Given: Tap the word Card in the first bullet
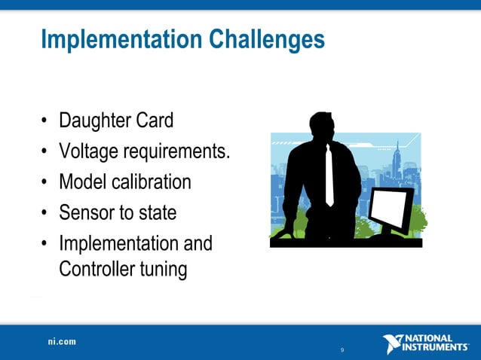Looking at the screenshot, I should click(x=156, y=121).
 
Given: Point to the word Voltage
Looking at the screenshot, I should click(x=90, y=151).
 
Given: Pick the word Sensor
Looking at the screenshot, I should click(x=86, y=213).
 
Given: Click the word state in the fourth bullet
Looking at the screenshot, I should click(x=157, y=213).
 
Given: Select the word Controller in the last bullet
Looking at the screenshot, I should click(x=97, y=269).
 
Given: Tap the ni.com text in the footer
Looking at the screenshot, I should click(x=62, y=342).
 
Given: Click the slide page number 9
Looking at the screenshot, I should click(x=342, y=350).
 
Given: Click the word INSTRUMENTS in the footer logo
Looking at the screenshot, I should click(x=438, y=347).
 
